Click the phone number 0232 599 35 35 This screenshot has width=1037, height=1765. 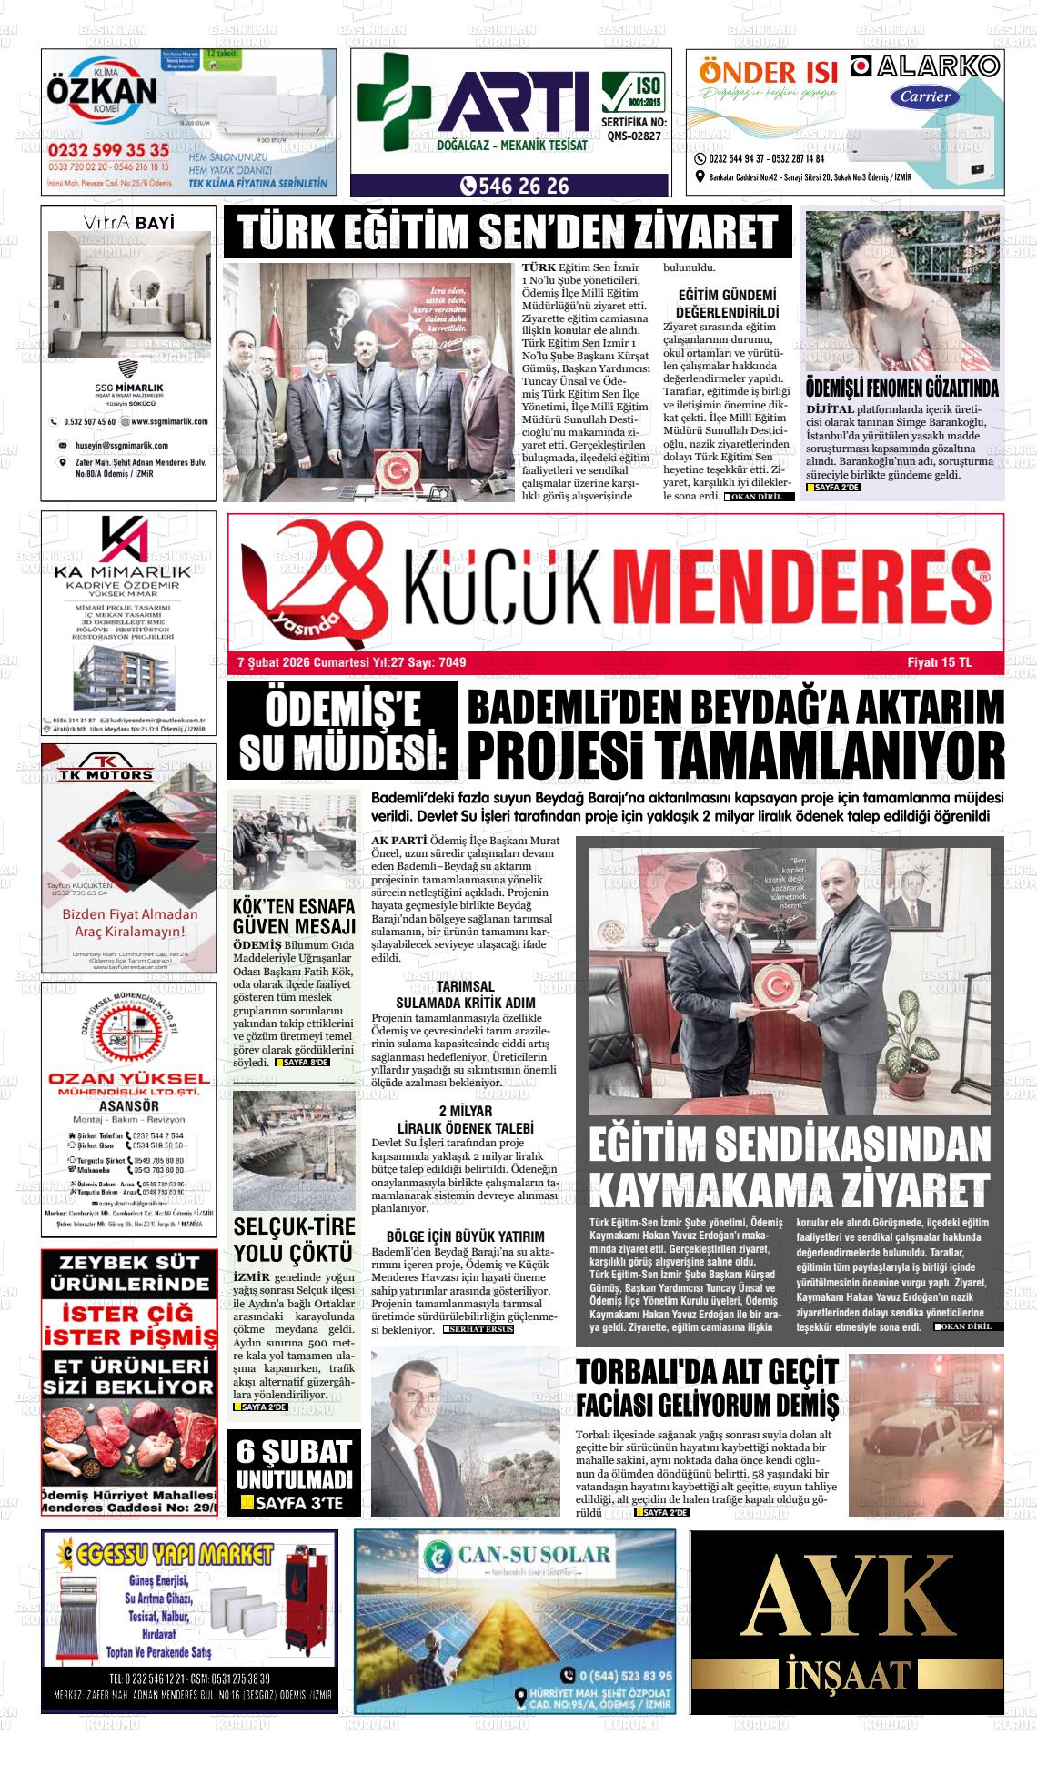pyautogui.click(x=108, y=150)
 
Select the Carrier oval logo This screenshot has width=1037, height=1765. pyautogui.click(x=926, y=96)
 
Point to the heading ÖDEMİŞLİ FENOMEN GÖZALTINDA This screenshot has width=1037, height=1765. pyautogui.click(x=902, y=388)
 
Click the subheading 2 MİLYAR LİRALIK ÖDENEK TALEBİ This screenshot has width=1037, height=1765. pyautogui.click(x=465, y=1120)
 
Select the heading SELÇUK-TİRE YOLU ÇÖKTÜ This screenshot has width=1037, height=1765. pyautogui.click(x=293, y=1239)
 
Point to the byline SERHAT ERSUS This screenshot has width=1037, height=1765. pyautogui.click(x=478, y=1329)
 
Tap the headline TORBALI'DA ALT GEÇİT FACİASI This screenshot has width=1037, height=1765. pyautogui.click(x=707, y=1387)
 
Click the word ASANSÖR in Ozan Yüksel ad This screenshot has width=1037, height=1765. pyautogui.click(x=128, y=1106)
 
